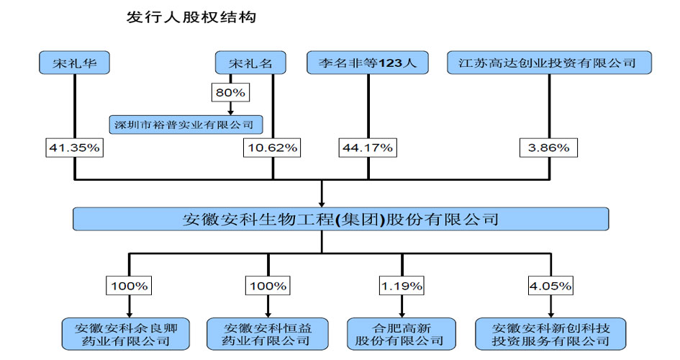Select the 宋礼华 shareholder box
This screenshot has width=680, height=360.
tap(75, 63)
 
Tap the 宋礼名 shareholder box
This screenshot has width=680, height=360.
tap(250, 63)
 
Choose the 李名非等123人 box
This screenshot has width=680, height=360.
tap(368, 63)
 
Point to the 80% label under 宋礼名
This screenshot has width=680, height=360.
tap(230, 92)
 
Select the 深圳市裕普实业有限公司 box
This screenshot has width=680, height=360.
tap(185, 124)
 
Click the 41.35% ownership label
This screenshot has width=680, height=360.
tap(75, 148)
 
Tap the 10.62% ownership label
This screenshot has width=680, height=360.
tap(273, 148)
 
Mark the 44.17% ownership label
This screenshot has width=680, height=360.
tap(368, 148)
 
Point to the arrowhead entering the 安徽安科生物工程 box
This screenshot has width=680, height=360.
tap(322, 203)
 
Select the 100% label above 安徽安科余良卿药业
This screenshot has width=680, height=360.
tap(130, 286)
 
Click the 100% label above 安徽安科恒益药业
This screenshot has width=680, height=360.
tap(268, 286)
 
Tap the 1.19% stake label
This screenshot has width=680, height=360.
tap(402, 286)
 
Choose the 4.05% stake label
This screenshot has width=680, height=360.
tap(550, 286)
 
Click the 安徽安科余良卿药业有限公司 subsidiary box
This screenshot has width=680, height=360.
tap(130, 333)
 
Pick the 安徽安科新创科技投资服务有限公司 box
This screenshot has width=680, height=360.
tap(550, 333)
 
